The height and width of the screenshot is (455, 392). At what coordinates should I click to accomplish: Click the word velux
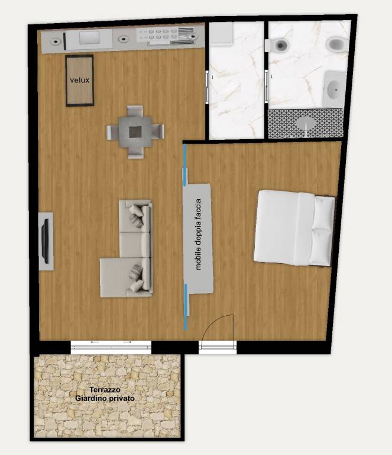point(80,80)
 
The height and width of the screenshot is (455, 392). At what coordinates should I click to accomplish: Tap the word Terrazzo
point(105,389)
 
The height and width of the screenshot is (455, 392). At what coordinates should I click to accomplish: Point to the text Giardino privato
point(105,398)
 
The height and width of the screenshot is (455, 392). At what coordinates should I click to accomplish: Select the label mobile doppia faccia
point(198,235)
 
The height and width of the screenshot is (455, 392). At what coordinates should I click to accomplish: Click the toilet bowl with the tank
point(277,45)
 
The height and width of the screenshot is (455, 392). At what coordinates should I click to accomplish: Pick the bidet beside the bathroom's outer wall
point(336,44)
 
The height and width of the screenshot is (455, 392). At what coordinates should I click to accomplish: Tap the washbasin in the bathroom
point(335,88)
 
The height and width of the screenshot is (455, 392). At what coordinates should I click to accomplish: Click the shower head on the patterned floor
point(306,123)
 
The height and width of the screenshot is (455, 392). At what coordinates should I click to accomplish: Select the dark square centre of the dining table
point(135,132)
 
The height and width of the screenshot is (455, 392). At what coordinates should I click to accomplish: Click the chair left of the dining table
point(112,132)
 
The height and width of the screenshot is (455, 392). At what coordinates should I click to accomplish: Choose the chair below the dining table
point(135,153)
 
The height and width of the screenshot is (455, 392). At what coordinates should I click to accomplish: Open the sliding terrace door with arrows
point(111,347)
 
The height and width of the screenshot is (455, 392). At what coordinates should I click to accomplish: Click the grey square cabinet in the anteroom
point(221,34)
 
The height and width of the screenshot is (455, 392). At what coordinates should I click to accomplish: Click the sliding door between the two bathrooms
point(266,86)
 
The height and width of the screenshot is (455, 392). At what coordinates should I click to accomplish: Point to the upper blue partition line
point(184,165)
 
